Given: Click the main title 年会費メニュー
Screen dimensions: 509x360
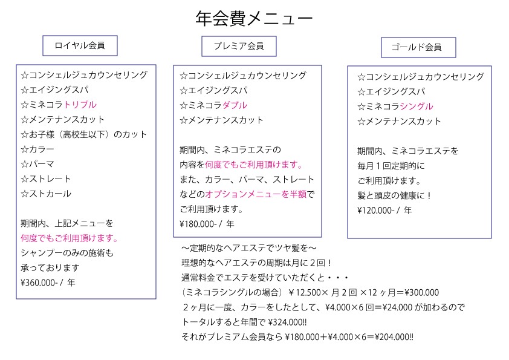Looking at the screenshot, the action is [x=254, y=18].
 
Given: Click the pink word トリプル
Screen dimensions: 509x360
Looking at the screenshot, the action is [x=80, y=105].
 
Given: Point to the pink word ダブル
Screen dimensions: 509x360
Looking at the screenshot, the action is [x=235, y=105].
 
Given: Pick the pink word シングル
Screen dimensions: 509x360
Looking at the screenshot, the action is [x=417, y=106].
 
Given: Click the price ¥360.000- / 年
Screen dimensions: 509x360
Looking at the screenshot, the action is [x=48, y=283].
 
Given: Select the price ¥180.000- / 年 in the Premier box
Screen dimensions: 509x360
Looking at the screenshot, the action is [x=207, y=224].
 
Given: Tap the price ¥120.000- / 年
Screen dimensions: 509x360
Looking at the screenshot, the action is [x=384, y=211].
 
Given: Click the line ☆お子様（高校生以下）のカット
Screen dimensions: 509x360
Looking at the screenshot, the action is [x=84, y=134].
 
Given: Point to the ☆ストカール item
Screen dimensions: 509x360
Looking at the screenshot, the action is [x=46, y=194].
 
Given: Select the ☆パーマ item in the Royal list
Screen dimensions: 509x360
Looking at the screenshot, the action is [x=37, y=164].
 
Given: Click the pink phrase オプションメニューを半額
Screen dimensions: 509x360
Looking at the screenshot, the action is [x=256, y=194].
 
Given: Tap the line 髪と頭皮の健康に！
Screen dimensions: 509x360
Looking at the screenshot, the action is [x=394, y=195].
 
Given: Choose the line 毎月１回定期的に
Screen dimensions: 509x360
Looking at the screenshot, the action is [x=391, y=166].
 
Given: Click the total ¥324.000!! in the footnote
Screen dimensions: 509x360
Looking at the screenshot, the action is [x=287, y=322].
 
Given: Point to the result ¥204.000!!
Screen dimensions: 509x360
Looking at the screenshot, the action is [x=394, y=337].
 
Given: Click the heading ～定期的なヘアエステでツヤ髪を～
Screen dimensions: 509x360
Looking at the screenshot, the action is [x=248, y=248].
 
